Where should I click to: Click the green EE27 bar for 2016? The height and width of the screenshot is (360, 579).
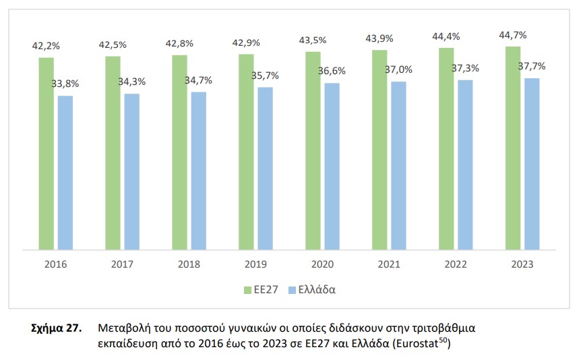(x=46, y=154)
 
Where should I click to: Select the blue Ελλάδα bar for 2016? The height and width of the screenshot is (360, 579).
(x=65, y=173)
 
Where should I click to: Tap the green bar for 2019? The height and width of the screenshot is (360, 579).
(x=246, y=152)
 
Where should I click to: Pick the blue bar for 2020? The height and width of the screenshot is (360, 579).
(x=332, y=166)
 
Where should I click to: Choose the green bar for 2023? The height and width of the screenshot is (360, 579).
(x=513, y=148)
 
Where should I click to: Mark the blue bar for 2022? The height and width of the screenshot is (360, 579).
(x=465, y=164)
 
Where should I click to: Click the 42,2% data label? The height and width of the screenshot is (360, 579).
(x=45, y=47)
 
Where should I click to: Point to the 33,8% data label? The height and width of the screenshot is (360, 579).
(x=65, y=84)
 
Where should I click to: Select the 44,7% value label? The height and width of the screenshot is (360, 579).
(x=513, y=35)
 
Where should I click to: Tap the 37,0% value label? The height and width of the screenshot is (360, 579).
(x=398, y=69)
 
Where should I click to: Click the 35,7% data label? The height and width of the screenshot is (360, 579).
(x=265, y=76)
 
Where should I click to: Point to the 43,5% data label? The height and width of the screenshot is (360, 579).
(x=313, y=41)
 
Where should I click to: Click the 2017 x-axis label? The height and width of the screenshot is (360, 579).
(x=122, y=265)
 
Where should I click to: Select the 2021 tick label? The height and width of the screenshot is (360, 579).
(x=389, y=265)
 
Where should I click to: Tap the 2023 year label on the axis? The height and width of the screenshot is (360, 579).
(x=522, y=265)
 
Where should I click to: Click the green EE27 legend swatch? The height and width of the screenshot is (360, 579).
(x=247, y=291)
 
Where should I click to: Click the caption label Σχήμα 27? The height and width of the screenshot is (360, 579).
(x=57, y=329)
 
